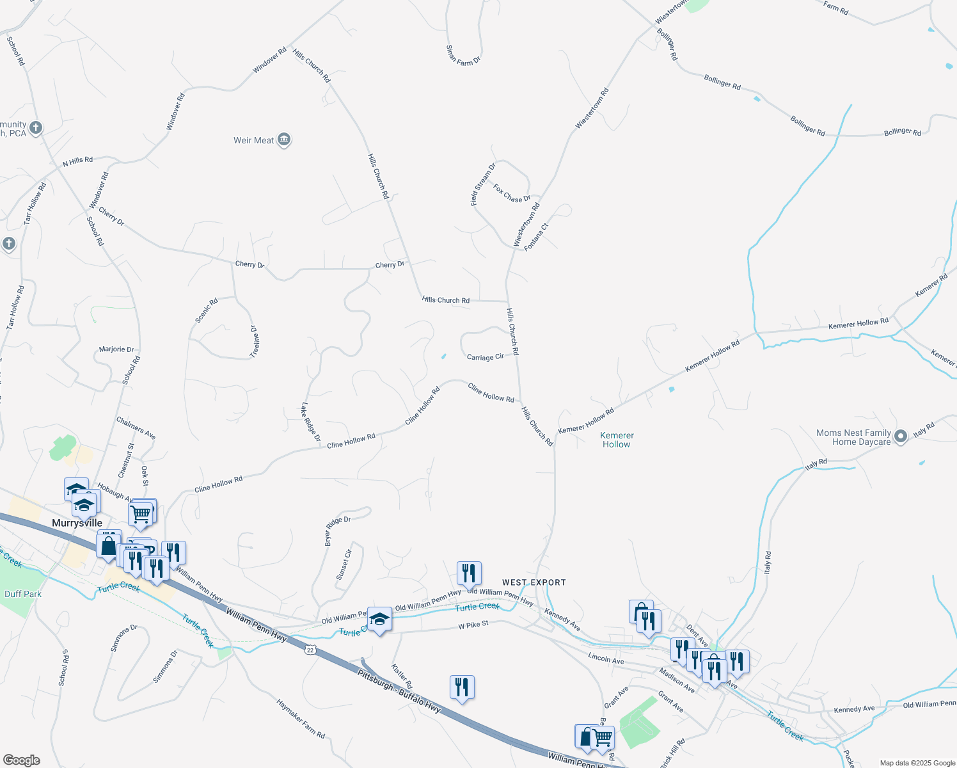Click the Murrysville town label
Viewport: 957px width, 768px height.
[77, 523]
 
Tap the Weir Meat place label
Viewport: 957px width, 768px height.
[253, 140]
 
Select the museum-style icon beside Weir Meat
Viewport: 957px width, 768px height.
[285, 140]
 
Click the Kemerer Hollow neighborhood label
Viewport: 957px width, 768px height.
[617, 440]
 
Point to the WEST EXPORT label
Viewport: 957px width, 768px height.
[534, 582]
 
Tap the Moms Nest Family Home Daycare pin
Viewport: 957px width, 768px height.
[901, 436]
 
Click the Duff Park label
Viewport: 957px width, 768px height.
[23, 594]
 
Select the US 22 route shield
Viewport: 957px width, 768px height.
[310, 650]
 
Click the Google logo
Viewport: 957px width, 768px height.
[21, 760]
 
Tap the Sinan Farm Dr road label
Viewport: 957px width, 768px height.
[463, 55]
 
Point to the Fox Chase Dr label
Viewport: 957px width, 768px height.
[512, 193]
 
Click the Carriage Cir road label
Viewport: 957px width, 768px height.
[485, 357]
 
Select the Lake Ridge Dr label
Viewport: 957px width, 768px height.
[310, 422]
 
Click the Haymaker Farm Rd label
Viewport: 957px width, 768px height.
[301, 719]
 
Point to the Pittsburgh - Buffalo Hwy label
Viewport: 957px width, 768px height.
[399, 691]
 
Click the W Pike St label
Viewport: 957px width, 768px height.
[473, 625]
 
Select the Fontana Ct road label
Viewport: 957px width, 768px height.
[536, 237]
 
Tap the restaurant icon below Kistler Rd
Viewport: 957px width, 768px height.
[462, 687]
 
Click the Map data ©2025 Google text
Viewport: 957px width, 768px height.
[917, 763]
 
